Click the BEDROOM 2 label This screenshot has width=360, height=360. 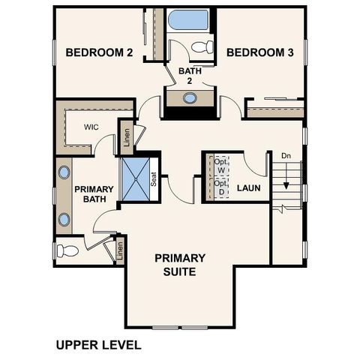(x=99, y=52)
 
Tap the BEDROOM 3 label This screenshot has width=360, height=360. (x=259, y=52)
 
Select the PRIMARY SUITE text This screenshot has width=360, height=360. (x=180, y=264)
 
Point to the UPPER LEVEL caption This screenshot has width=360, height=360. (x=97, y=346)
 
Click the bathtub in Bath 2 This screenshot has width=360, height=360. (x=189, y=20)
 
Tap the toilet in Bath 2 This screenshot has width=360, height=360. (x=201, y=48)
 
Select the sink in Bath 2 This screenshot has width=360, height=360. (x=190, y=97)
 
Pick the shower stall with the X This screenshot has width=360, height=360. (x=136, y=180)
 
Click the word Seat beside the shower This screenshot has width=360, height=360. (x=154, y=180)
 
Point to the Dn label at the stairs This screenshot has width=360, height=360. (x=286, y=155)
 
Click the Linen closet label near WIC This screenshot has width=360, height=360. (x=127, y=138)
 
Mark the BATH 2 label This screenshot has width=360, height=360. (x=186, y=75)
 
